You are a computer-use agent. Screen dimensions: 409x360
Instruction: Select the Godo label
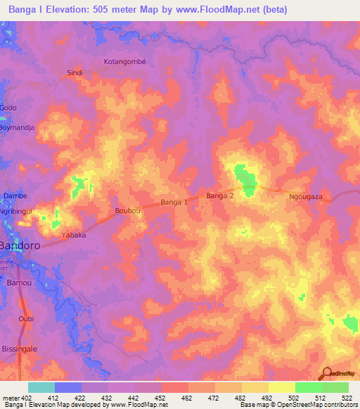click(8, 108)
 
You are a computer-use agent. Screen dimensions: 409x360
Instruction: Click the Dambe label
click(15, 196)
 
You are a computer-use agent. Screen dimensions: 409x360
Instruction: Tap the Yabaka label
click(74, 235)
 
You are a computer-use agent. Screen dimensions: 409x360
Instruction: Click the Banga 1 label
click(174, 202)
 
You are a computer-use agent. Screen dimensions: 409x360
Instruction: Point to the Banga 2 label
click(219, 196)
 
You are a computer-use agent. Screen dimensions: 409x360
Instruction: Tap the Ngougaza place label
click(306, 197)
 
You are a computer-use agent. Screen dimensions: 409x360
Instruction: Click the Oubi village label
click(26, 318)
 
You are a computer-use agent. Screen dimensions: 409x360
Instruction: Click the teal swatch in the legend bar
click(41, 387)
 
